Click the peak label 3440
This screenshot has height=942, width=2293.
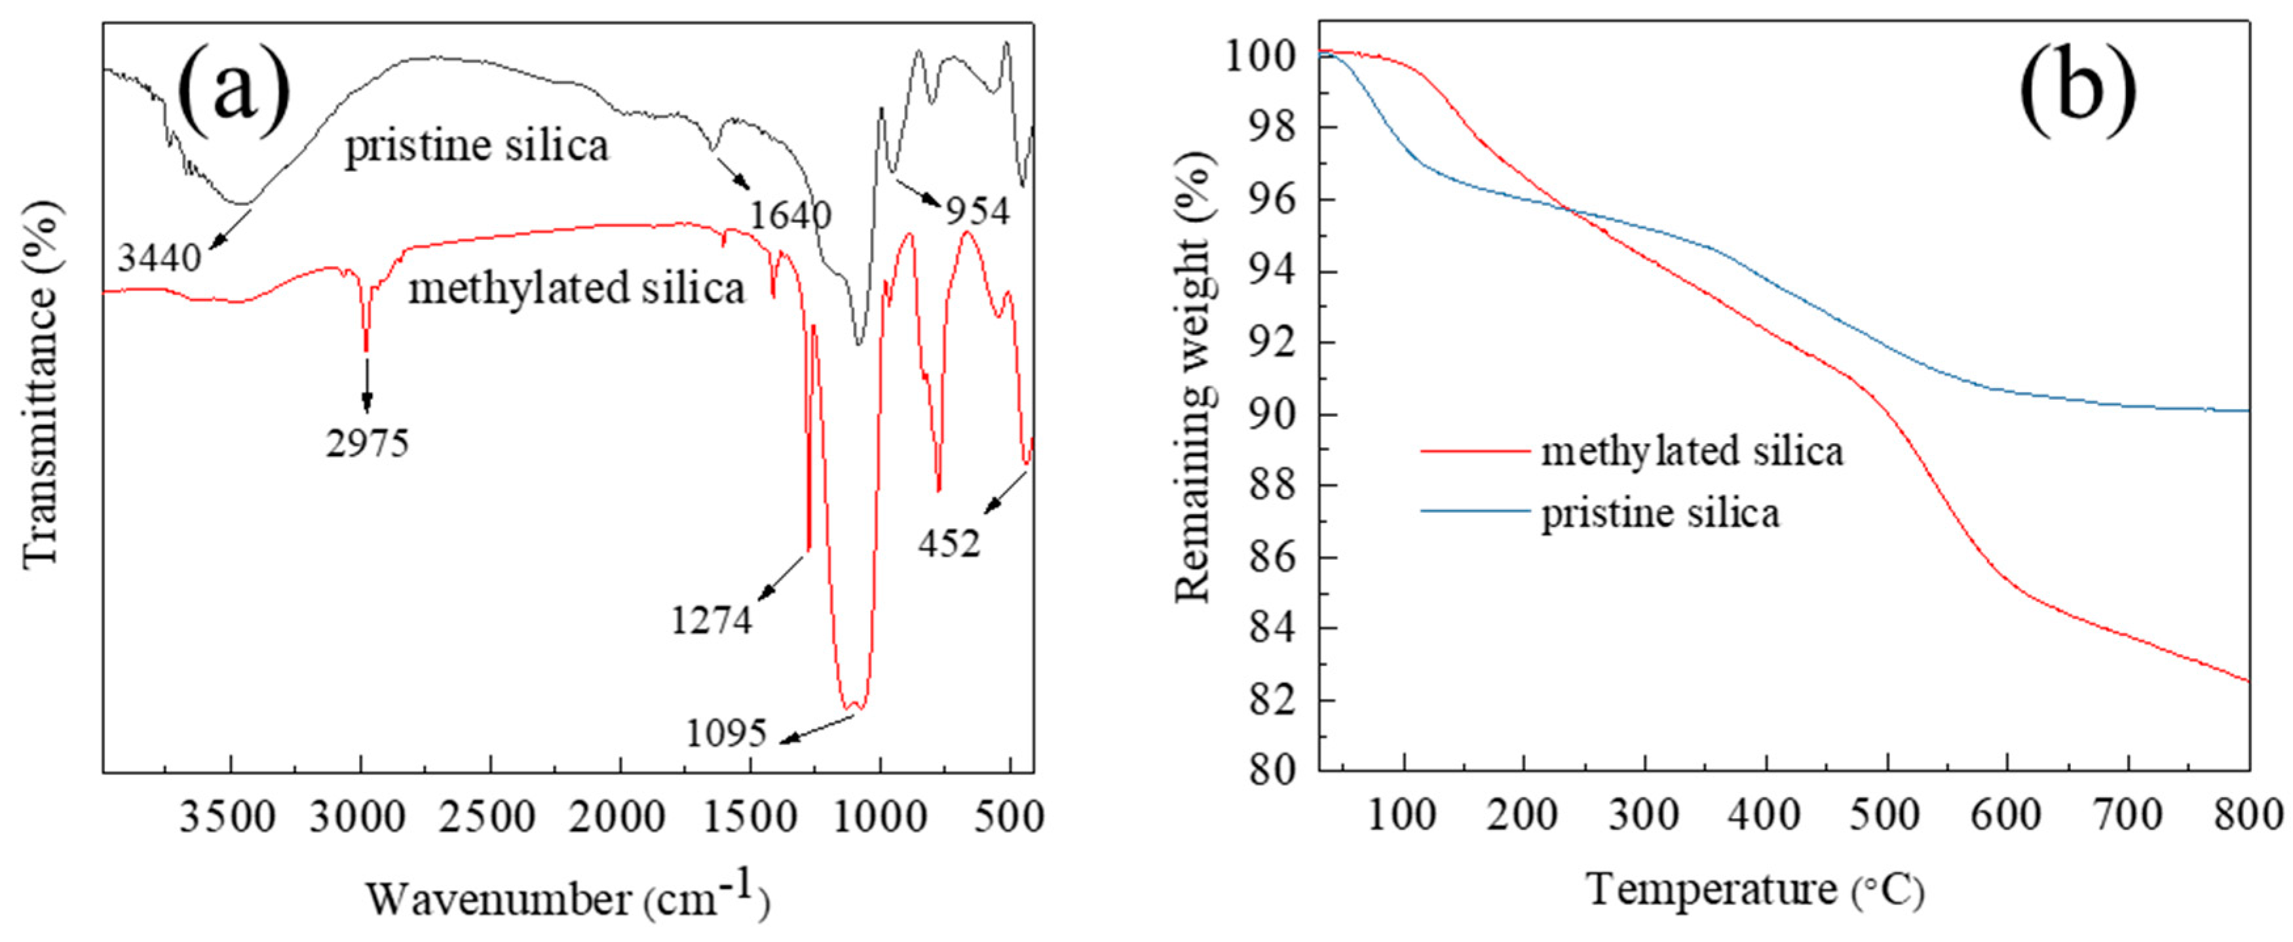pyautogui.click(x=161, y=259)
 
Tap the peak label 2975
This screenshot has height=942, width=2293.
pyautogui.click(x=367, y=442)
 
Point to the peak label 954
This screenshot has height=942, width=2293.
pyautogui.click(x=977, y=211)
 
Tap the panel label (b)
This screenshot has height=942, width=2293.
pyautogui.click(x=2077, y=91)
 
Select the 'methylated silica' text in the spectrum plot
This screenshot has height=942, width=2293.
pyautogui.click(x=576, y=288)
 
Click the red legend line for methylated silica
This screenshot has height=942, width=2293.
pyautogui.click(x=1473, y=452)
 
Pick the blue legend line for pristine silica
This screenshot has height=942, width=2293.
pyautogui.click(x=1473, y=511)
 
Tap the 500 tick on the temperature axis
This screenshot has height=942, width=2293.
pyautogui.click(x=1887, y=816)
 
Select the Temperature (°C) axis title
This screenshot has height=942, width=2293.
pyautogui.click(x=1754, y=890)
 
